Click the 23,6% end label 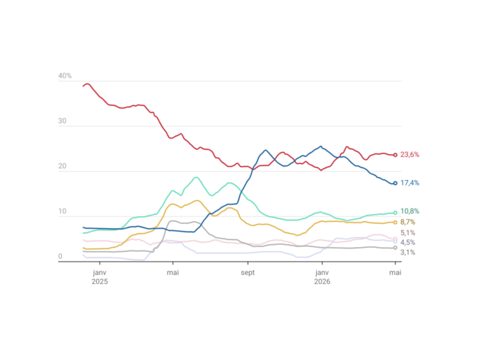410,155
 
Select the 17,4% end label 410,183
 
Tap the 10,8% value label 410,211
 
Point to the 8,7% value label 407,222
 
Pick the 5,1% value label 407,232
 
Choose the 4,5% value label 407,243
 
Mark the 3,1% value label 407,253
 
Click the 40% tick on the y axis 65,75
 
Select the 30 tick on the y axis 62,121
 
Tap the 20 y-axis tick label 62,166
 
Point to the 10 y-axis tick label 62,211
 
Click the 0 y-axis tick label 60,256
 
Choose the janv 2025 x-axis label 100,277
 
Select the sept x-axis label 248,273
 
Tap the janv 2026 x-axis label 322,277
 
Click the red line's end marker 395,155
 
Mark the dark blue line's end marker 395,183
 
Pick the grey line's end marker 395,248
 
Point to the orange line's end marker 395,223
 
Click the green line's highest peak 196,177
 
